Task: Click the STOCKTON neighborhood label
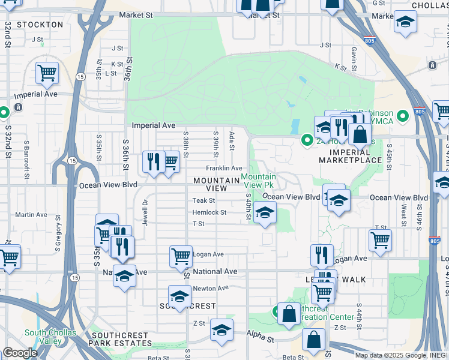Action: pos(40,25)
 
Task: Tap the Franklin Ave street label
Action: pos(224,169)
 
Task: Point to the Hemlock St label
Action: pos(209,212)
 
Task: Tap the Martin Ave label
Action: pos(31,215)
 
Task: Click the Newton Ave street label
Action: pos(211,288)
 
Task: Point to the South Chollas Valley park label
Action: pos(43,337)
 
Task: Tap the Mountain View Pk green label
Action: pos(259,181)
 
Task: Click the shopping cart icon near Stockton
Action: pos(47,74)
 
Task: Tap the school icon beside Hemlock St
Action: pos(265,212)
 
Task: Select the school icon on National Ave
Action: pos(124,276)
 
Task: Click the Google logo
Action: pos(20,353)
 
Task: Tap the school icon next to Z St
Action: pos(221,330)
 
